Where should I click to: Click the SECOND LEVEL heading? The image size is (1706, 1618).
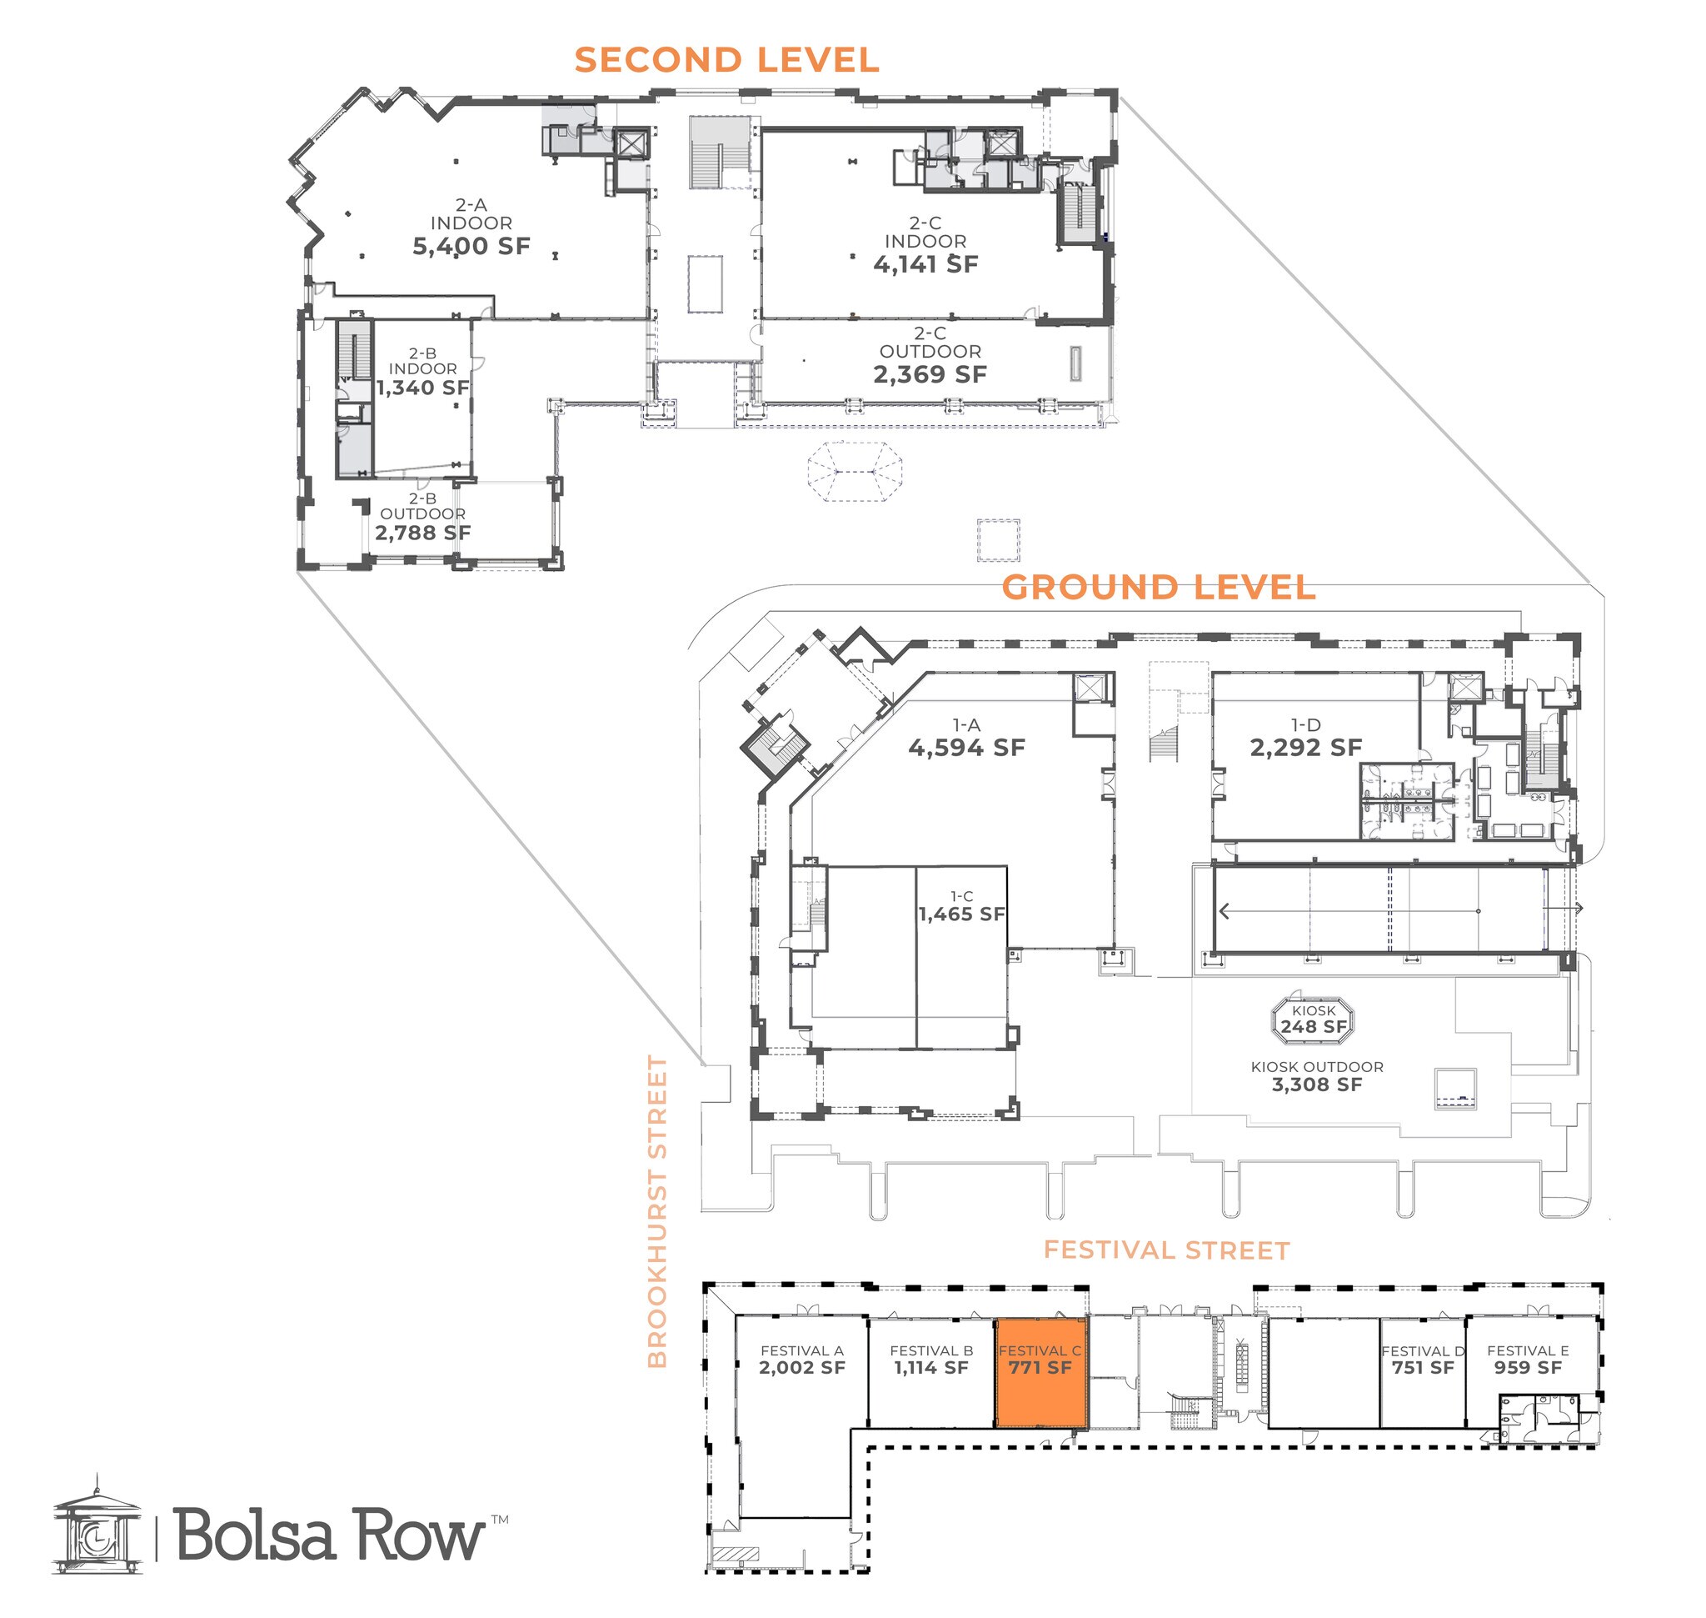click(726, 60)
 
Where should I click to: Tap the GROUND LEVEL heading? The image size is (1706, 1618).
click(1158, 588)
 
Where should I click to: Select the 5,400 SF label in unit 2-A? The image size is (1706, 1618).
click(471, 247)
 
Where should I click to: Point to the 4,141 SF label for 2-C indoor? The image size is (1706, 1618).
click(925, 265)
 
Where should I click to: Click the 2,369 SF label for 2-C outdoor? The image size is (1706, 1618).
click(930, 374)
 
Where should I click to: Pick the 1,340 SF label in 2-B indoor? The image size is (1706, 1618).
click(422, 388)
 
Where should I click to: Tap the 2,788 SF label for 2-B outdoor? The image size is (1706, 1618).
click(422, 533)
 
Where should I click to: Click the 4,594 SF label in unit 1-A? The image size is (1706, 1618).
click(966, 748)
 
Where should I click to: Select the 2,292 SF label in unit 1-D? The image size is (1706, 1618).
click(1305, 748)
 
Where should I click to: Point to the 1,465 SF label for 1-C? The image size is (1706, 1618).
click(961, 914)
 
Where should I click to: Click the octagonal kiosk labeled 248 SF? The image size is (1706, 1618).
click(1313, 1020)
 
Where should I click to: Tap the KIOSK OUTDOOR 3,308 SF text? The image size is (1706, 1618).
click(1316, 1076)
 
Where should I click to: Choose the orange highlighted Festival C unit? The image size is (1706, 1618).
click(1040, 1372)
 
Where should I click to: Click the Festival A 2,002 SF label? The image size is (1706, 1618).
click(801, 1360)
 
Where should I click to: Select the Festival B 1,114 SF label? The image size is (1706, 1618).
click(931, 1360)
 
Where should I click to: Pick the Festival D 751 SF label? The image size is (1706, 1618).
click(1423, 1360)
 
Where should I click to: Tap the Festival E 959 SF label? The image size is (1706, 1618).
click(1528, 1360)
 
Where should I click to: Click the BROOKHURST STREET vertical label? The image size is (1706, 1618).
click(658, 1212)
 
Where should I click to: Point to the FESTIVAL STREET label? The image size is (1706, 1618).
click(1165, 1250)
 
